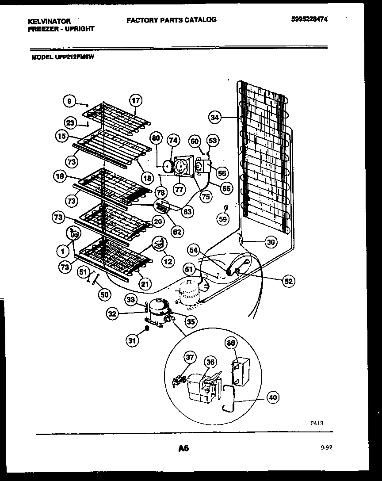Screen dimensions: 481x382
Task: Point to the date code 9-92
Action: coord(326,448)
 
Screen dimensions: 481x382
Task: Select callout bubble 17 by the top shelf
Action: coord(136,100)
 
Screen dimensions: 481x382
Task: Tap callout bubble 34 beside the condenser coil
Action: coord(215,117)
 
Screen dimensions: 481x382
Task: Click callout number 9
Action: coord(69,101)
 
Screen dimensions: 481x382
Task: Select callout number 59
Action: coord(224,218)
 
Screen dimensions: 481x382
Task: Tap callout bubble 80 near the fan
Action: coord(156,137)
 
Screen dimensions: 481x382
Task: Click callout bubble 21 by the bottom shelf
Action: coord(144,284)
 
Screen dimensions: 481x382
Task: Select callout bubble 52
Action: coord(288,280)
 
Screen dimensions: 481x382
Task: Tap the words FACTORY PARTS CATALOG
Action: coord(172,19)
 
